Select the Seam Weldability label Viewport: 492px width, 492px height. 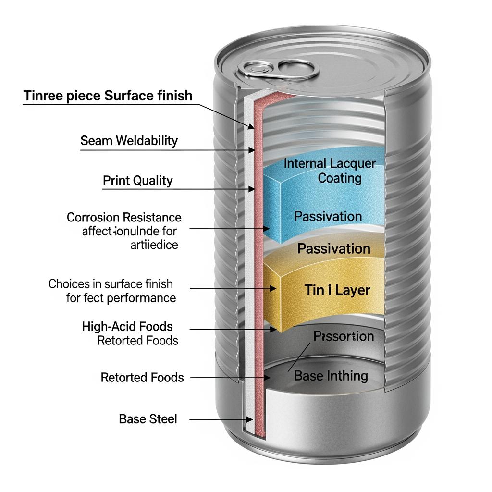click(129, 141)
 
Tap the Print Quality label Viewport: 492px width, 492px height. click(137, 181)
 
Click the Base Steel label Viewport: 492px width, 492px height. click(148, 419)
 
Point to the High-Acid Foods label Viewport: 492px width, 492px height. click(127, 327)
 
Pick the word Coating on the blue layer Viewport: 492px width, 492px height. click(340, 178)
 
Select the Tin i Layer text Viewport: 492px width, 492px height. click(337, 290)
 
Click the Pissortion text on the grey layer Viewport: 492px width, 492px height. click(344, 336)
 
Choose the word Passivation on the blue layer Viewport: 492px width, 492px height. click(328, 216)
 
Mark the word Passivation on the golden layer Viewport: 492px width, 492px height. click(333, 249)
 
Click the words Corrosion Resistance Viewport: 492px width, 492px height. click(124, 217)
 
